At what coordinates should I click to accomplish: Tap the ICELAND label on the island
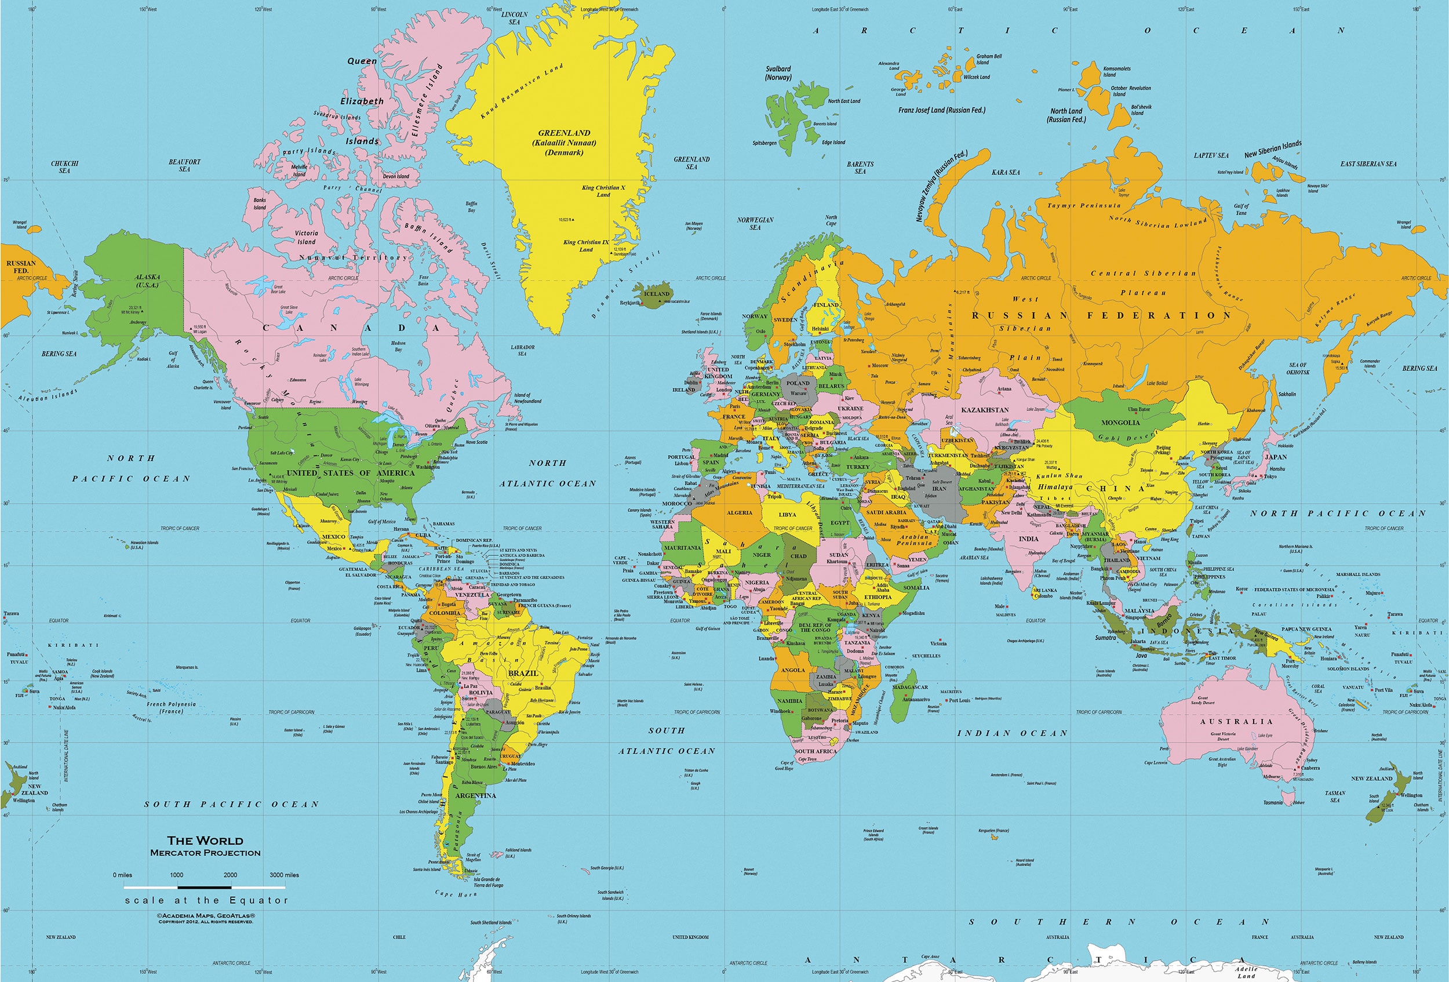[x=657, y=294]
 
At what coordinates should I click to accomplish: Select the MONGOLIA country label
[x=1120, y=422]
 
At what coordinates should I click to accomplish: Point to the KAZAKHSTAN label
[x=985, y=410]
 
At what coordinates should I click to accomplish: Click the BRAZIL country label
[x=522, y=674]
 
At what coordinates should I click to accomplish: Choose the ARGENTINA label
[x=476, y=795]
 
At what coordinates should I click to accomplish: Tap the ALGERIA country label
[x=740, y=512]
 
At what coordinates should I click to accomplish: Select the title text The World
[x=205, y=841]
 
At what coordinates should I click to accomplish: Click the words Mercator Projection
[x=205, y=853]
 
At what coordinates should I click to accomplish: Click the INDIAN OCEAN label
[x=1012, y=733]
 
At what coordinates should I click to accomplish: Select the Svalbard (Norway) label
[x=778, y=73]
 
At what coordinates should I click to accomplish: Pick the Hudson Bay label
[x=398, y=346]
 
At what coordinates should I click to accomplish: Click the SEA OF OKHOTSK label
[x=1298, y=369]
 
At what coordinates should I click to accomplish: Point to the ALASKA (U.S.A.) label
[x=148, y=281]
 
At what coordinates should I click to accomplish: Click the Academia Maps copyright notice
[x=206, y=918]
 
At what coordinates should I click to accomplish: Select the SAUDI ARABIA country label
[x=886, y=512]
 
